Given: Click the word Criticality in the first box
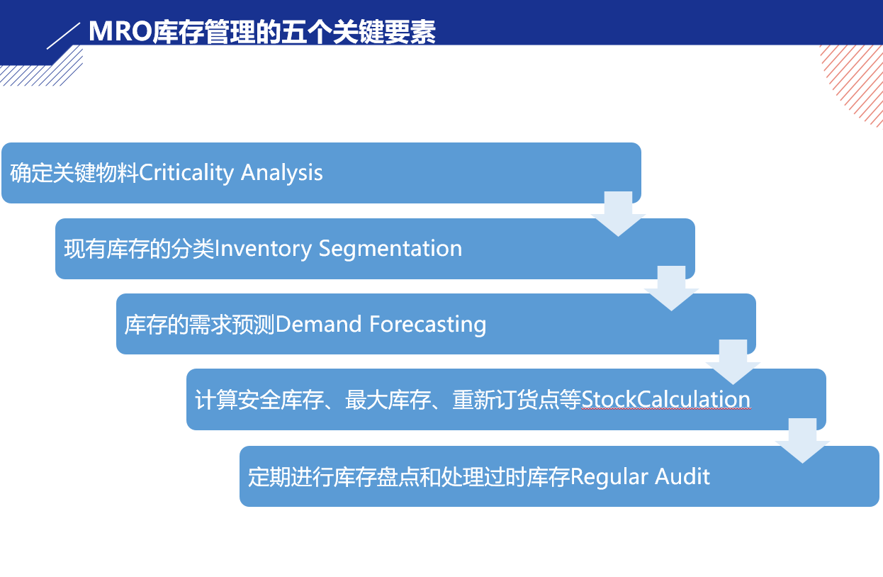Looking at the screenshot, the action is pos(186,173).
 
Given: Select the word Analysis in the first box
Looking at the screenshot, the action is pos(282,173).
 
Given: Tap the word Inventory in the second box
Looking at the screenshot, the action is pos(263,250).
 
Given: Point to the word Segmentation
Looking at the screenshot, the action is pos(390,249).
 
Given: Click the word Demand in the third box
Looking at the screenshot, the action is pos(318,324).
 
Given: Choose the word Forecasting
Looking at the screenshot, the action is pos(428,325).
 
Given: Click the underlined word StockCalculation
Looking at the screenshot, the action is pos(666,399).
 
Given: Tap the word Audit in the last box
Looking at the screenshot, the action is pos(682,476).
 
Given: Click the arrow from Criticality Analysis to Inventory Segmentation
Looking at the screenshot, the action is pos(618,214).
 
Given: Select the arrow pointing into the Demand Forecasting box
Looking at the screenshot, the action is pos(671,288).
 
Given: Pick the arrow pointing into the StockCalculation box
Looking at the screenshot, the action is pos(733,362).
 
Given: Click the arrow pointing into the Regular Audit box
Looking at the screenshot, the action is pos(803,441).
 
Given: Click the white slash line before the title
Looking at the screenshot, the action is pos(64,36).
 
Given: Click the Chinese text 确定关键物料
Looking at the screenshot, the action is pos(74,173).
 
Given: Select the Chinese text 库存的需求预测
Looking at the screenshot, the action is pos(200,325).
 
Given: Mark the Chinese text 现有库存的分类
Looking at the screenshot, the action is pos(139,250).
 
